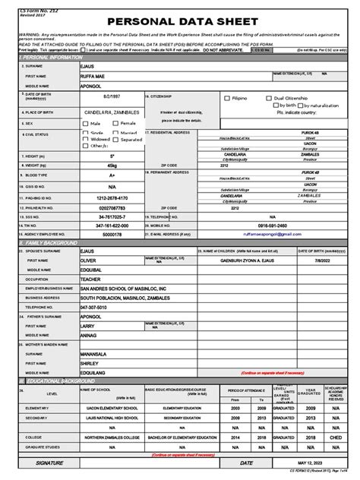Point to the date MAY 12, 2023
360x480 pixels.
point(314,463)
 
